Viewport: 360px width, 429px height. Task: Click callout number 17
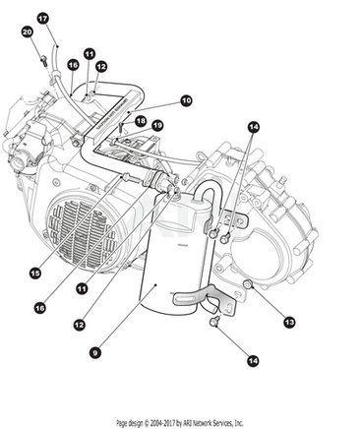(x=42, y=19)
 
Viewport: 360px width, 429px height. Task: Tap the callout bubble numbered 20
(x=28, y=31)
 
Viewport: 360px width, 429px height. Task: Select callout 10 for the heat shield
(x=186, y=100)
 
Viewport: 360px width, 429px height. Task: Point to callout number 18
(x=141, y=121)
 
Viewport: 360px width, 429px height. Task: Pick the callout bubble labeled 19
(x=157, y=125)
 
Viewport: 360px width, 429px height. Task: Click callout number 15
(x=35, y=273)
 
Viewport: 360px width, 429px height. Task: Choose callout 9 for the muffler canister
(x=95, y=353)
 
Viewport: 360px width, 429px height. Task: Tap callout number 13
(x=289, y=322)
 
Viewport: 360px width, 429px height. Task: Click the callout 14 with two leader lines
(x=253, y=127)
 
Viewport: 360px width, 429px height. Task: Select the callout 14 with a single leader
(x=253, y=361)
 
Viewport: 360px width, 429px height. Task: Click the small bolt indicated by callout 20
(x=43, y=60)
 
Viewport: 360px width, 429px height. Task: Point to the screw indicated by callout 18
(x=121, y=126)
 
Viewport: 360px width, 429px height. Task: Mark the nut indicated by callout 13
(x=248, y=284)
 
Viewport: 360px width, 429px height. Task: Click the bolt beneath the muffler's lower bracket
(x=214, y=322)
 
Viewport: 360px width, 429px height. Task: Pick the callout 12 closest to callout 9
(x=80, y=325)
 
